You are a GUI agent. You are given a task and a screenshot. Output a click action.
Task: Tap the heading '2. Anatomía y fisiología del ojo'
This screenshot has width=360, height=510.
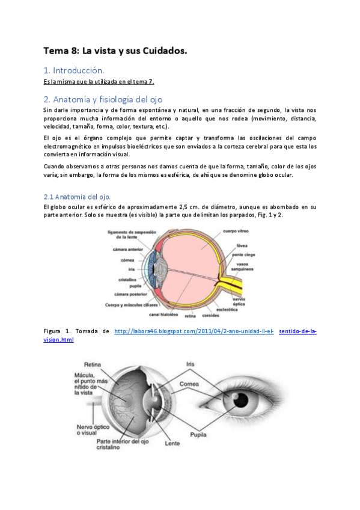coord(103,99)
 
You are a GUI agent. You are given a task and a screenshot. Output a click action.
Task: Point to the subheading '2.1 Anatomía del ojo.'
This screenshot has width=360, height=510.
coord(77,197)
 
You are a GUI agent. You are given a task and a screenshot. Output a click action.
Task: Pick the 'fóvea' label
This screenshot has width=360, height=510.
coord(242,245)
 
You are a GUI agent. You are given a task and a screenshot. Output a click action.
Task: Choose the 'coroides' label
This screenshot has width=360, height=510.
coord(211,315)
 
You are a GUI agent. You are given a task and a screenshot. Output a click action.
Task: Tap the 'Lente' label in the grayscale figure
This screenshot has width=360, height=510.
coord(172,444)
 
